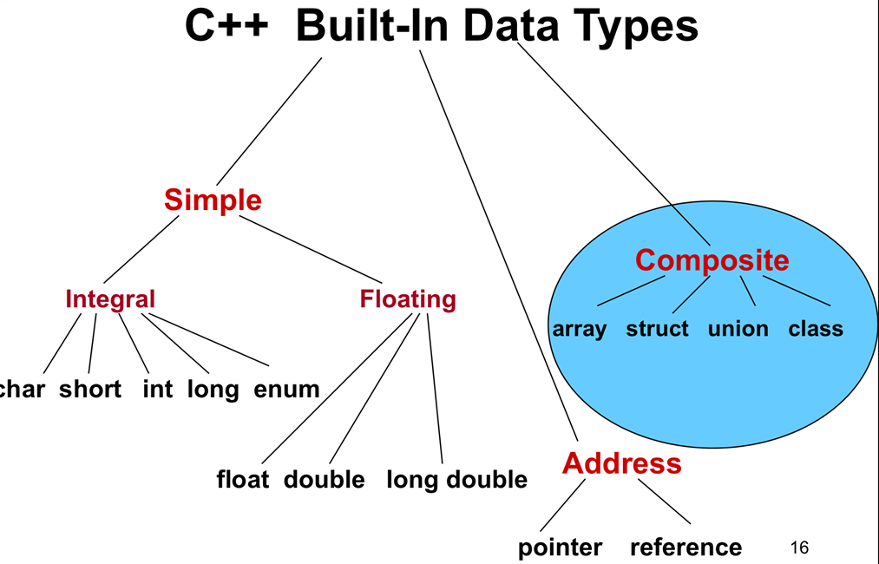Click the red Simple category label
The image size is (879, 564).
[213, 200]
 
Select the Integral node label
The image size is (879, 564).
[110, 299]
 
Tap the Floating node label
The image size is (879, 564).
[408, 299]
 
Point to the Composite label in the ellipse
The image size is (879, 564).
[712, 260]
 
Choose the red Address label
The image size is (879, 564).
[621, 463]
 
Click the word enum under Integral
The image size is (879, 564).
[286, 390]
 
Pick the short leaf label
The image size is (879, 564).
[90, 390]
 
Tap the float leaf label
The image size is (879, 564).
[243, 480]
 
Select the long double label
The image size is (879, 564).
[456, 480]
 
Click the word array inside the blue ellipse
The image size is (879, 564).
[580, 330]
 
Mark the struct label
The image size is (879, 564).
[657, 330]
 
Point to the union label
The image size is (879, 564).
[738, 330]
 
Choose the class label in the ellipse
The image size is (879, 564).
[816, 330]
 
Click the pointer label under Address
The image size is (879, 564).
[560, 548]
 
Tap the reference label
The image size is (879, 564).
[685, 548]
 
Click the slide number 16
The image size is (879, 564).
[800, 548]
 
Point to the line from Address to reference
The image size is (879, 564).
[664, 502]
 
